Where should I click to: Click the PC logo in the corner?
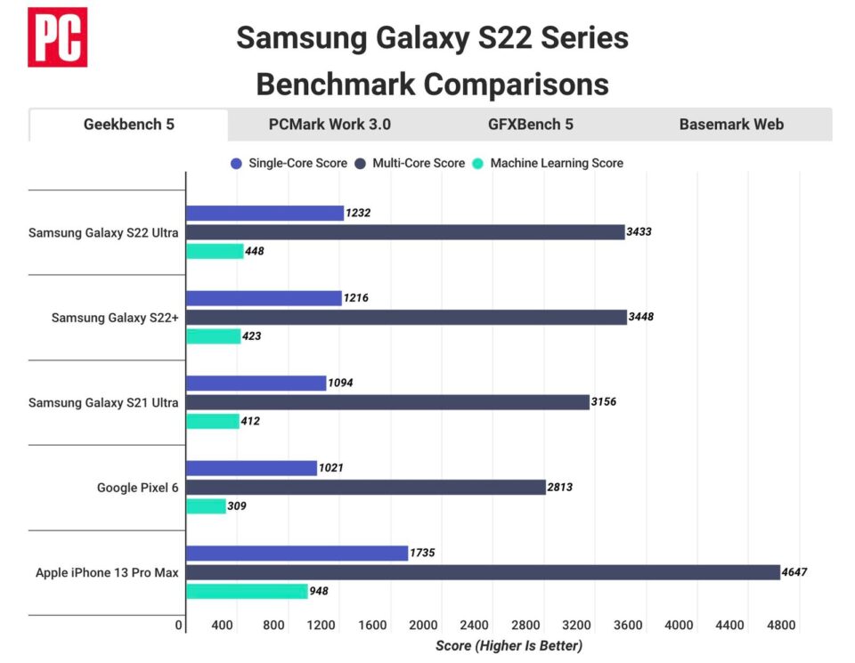click(57, 36)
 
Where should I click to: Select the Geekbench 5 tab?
click(129, 125)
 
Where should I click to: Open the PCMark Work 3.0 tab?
click(330, 125)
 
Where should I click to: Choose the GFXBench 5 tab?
click(530, 125)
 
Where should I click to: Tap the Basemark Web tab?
click(731, 125)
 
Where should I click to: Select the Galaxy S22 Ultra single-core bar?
click(265, 213)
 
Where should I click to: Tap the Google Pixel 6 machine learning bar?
click(206, 505)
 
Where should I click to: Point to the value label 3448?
click(640, 317)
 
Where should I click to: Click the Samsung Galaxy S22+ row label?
click(115, 317)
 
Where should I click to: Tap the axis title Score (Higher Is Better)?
click(509, 645)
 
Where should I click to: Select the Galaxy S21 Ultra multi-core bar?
click(387, 402)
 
